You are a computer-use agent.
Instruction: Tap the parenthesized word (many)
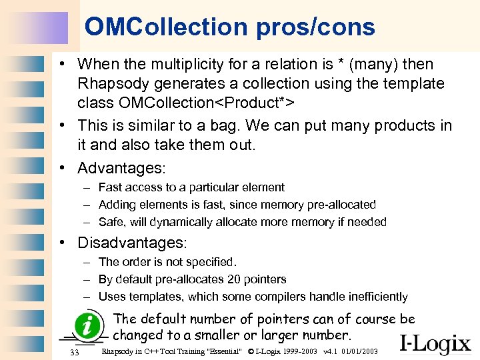pos(375,65)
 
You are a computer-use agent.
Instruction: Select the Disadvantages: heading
pos(133,243)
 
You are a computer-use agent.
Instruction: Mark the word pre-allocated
pos(339,205)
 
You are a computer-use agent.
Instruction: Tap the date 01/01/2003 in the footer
pos(361,351)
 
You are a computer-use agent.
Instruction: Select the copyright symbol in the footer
pos(251,351)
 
